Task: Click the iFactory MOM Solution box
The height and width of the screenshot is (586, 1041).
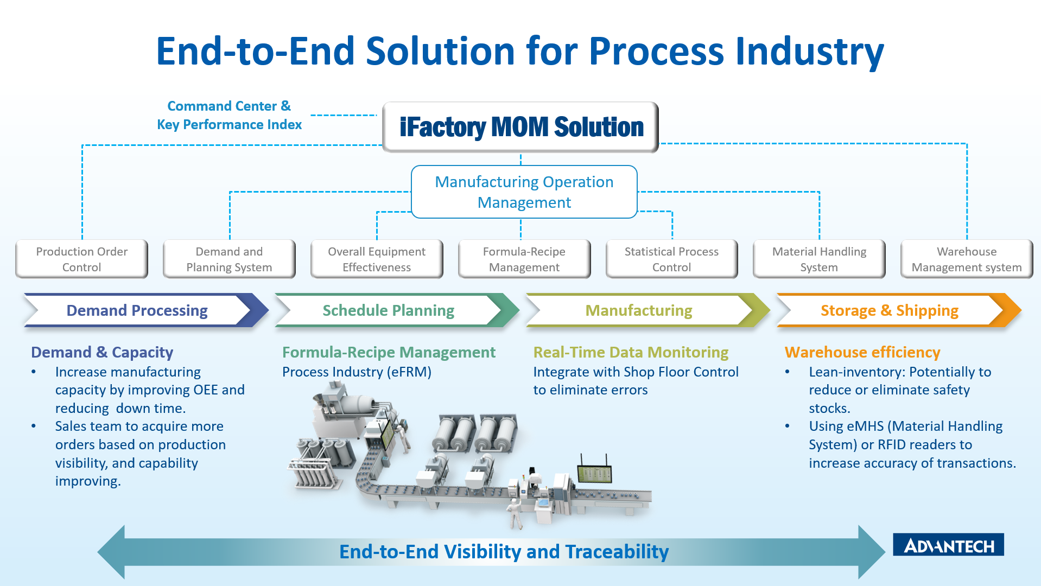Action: [x=520, y=127]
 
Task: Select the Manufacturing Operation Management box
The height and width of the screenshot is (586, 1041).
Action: [x=524, y=192]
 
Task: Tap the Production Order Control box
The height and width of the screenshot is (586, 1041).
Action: [x=82, y=259]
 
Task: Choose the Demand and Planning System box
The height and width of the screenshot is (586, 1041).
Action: [x=229, y=259]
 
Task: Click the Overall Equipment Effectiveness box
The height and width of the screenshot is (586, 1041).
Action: [x=377, y=259]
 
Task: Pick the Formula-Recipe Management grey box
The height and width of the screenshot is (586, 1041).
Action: [x=524, y=259]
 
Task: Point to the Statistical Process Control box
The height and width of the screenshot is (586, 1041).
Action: [x=672, y=259]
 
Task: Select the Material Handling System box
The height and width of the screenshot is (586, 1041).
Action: [x=819, y=259]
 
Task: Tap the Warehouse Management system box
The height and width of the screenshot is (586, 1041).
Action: [x=967, y=259]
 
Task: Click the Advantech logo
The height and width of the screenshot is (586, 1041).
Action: [x=948, y=545]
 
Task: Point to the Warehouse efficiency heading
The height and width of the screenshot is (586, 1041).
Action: [x=862, y=353]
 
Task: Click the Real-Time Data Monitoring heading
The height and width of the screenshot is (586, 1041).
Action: [x=631, y=353]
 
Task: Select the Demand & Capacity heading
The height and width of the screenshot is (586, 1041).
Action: [x=102, y=353]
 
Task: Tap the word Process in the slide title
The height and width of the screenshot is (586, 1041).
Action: [x=656, y=52]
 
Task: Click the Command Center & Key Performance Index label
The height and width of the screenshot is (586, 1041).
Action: [x=229, y=115]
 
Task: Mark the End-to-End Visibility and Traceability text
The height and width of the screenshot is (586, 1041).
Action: [x=504, y=552]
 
